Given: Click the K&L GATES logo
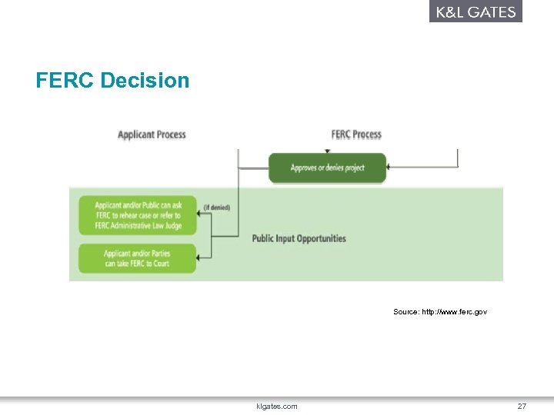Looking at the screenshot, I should click(476, 12).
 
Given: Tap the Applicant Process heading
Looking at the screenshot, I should click(152, 134).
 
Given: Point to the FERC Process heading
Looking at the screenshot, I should click(356, 134).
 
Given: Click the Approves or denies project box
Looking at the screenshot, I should click(327, 168).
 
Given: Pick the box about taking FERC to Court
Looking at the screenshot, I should click(137, 258).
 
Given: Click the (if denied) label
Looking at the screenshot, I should click(216, 207).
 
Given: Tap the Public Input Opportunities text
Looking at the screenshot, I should click(299, 238).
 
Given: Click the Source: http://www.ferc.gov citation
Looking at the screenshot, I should click(439, 311).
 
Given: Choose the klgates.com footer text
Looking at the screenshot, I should click(276, 406).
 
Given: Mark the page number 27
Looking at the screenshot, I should click(522, 406).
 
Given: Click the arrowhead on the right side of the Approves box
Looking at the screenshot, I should click(389, 168).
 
